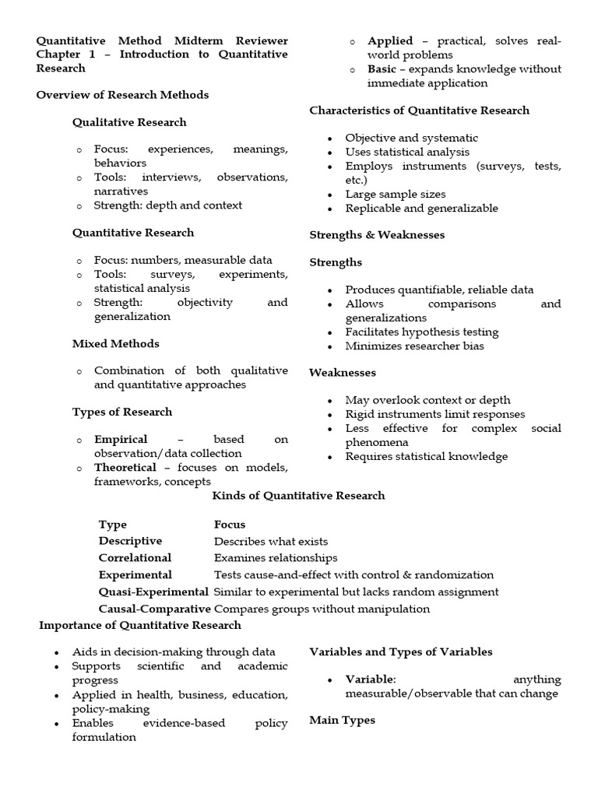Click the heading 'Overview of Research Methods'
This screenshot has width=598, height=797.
click(x=122, y=95)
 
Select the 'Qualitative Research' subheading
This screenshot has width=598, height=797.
click(x=129, y=122)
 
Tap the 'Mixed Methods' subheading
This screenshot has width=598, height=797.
click(x=115, y=343)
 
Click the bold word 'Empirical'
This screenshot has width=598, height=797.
click(x=121, y=439)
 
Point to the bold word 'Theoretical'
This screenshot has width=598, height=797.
click(x=125, y=467)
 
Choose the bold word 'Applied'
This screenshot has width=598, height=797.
click(x=390, y=40)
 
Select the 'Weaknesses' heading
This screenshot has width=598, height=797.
click(x=343, y=373)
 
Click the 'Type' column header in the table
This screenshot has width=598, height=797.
click(x=112, y=525)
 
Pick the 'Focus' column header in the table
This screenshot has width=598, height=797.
click(x=229, y=525)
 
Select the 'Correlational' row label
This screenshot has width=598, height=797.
click(x=135, y=558)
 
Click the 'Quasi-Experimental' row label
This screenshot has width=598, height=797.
click(x=153, y=592)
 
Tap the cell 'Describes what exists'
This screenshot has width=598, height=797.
click(x=271, y=541)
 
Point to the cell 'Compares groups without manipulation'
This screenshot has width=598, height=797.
click(x=322, y=609)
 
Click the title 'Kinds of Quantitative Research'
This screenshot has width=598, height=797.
click(x=299, y=496)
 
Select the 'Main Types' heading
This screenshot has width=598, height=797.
click(x=342, y=720)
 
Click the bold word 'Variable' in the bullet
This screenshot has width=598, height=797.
click(x=370, y=679)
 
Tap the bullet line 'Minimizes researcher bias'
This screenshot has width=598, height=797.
click(x=414, y=346)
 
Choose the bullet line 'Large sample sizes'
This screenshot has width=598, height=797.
click(x=396, y=194)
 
